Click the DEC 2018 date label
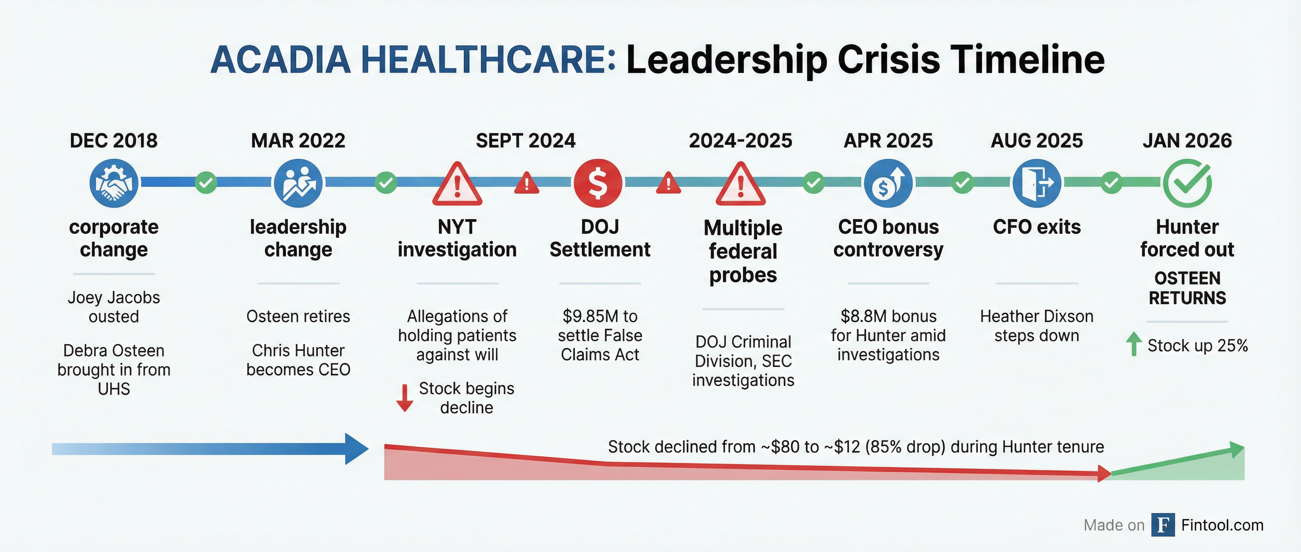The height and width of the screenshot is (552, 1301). pos(114,140)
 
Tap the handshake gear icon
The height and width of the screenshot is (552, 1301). pos(114,183)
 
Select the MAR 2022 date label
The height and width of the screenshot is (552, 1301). pos(298,140)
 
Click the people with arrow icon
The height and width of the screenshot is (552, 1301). pos(298,183)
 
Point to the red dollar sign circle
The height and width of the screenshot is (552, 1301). pos(598,183)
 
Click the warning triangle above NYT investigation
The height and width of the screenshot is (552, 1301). pos(457,185)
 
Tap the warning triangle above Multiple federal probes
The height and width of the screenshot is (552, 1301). pos(740,185)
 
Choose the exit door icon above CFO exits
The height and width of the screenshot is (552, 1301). pos(1037,183)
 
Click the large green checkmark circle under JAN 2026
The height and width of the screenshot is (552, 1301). pos(1187,183)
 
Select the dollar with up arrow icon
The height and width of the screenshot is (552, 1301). pos(888,183)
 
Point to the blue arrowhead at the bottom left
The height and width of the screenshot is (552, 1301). pos(356,448)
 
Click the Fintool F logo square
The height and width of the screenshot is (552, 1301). pos(1163,525)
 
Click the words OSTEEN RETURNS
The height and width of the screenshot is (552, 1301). pos(1187,288)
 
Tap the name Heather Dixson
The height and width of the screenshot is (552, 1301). pos(1037,316)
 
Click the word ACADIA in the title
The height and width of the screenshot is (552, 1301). pos(281,60)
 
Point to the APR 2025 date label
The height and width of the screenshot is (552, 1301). pos(888,140)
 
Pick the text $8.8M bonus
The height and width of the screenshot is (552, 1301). pos(888,316)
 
